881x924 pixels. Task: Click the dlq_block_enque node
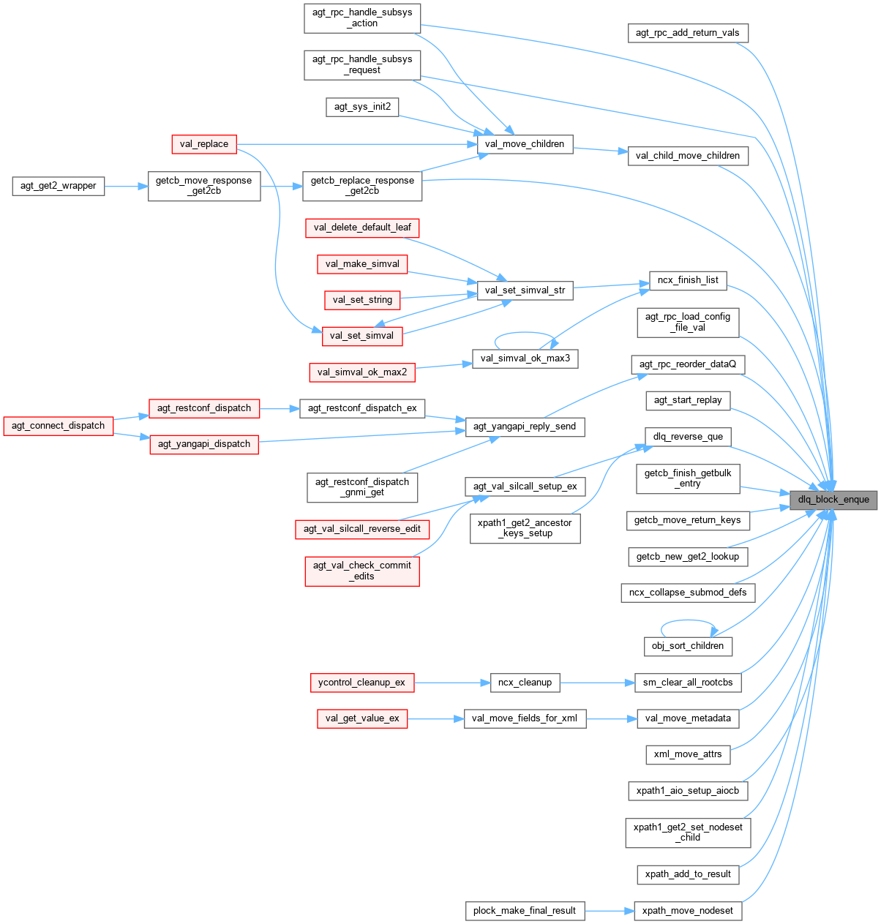[833, 500]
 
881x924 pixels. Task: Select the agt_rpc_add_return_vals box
[687, 33]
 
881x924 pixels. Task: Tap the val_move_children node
[525, 144]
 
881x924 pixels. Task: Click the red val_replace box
[203, 144]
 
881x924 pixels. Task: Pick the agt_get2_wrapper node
[59, 186]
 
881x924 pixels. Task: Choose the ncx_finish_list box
[688, 280]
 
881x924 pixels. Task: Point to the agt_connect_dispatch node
[59, 426]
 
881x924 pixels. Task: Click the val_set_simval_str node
[525, 290]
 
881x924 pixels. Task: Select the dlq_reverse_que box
[688, 437]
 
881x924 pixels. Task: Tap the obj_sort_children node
[688, 646]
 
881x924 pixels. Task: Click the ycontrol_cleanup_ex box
[361, 683]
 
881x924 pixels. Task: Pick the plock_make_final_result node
[525, 911]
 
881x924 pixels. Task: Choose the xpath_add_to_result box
[688, 874]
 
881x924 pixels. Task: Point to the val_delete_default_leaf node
[362, 228]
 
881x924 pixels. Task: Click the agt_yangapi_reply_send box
[525, 427]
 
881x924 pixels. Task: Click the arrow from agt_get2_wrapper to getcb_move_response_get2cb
[126, 186]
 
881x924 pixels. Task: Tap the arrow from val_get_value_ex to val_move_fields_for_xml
[435, 718]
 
